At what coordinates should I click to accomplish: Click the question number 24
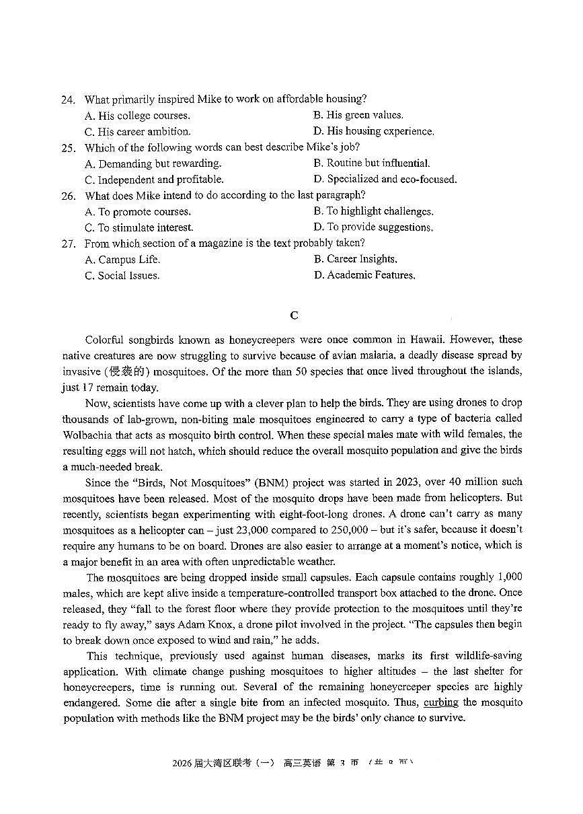[x=67, y=100]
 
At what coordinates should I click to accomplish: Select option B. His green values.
[x=358, y=115]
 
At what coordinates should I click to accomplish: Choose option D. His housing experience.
[x=373, y=131]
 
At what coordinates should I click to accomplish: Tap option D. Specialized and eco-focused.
[x=385, y=180]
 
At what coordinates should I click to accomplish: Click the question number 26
[x=67, y=196]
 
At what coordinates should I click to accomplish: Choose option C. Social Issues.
[x=122, y=275]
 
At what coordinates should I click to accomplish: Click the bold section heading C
[x=293, y=315]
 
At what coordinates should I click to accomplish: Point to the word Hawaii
[x=428, y=340]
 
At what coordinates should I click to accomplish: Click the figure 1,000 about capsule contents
[x=510, y=577]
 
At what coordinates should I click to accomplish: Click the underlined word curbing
[x=440, y=702]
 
